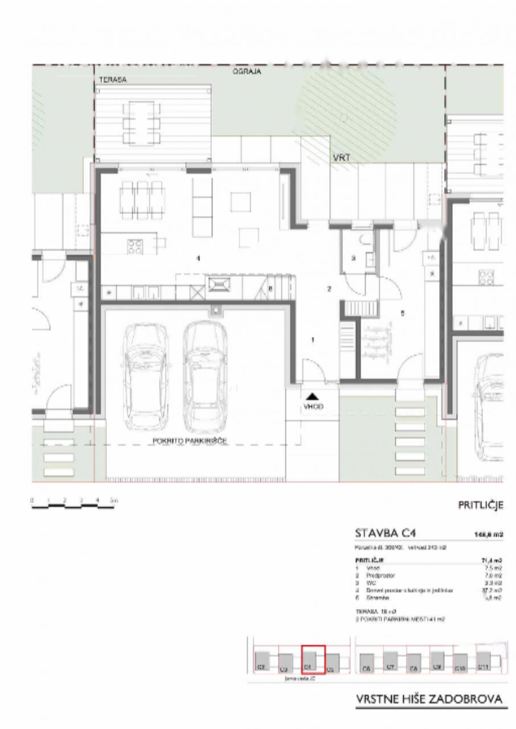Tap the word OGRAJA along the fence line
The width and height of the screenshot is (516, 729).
[247, 72]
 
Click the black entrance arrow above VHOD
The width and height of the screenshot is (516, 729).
[312, 395]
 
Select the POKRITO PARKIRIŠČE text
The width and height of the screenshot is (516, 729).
[191, 441]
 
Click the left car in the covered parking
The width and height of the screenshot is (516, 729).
[145, 376]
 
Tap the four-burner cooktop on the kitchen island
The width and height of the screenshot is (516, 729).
[135, 246]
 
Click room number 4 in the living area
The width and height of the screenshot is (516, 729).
[198, 259]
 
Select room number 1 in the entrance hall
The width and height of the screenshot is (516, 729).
[312, 340]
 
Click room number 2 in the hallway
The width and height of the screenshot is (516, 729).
[329, 289]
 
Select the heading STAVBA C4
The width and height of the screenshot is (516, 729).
[385, 534]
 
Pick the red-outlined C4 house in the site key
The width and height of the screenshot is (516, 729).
[312, 660]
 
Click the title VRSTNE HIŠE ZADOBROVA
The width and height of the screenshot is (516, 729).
[430, 698]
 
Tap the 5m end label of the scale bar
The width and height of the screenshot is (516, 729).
[114, 500]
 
